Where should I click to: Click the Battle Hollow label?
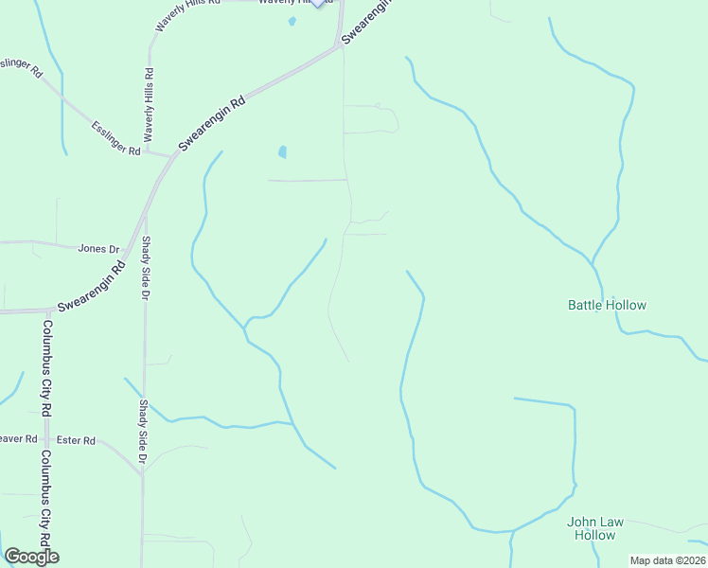(x=607, y=305)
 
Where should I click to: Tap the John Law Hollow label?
(x=592, y=528)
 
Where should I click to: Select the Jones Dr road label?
(x=98, y=249)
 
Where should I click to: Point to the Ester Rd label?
(x=76, y=440)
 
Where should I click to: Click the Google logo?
(x=31, y=557)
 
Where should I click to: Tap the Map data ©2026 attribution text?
(x=668, y=560)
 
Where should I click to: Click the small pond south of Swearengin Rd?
(x=282, y=151)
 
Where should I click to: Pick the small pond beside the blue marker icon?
(x=292, y=21)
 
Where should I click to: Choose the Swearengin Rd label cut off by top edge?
(x=365, y=21)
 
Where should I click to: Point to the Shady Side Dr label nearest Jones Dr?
(x=147, y=269)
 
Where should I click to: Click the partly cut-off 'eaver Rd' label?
(x=17, y=439)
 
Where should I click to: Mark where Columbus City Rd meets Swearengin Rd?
(x=45, y=309)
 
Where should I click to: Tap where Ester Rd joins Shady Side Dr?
(x=142, y=473)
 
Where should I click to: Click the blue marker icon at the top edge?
(x=316, y=3)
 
